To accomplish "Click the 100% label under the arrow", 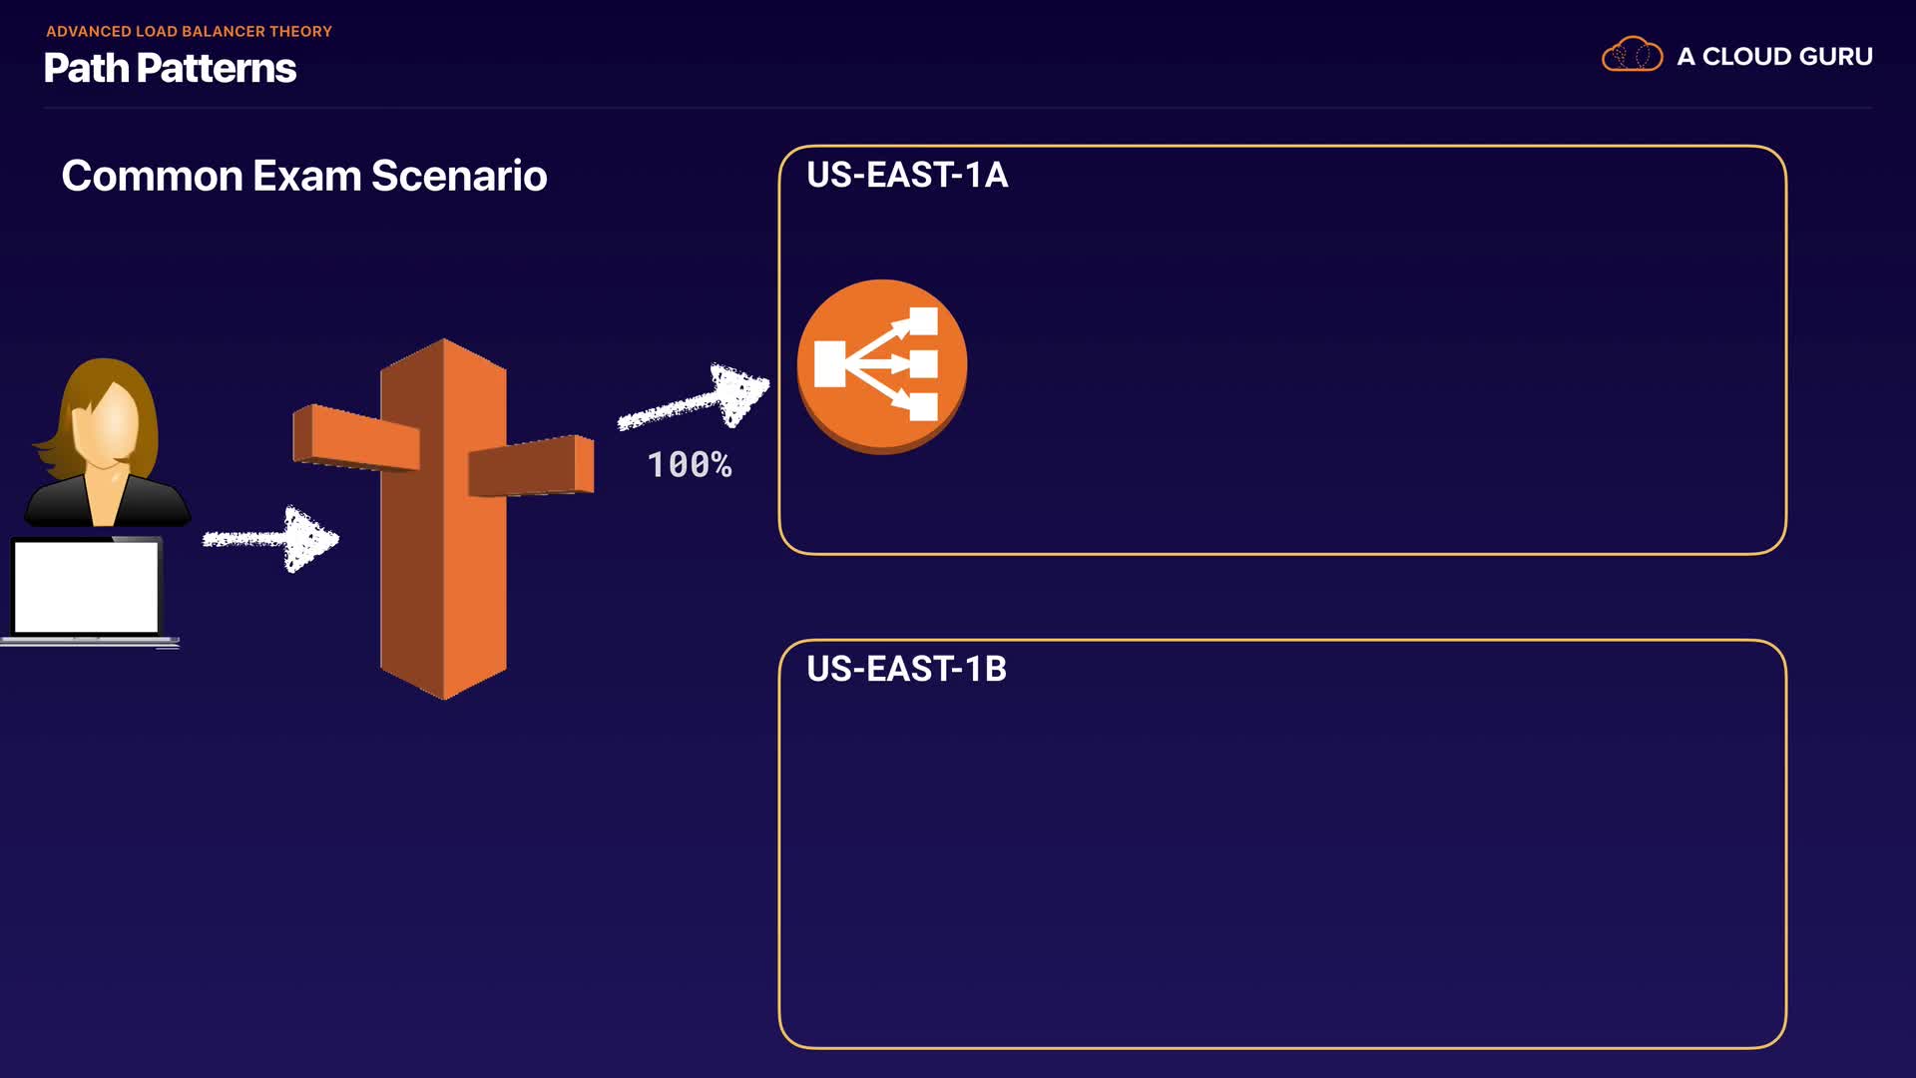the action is [x=690, y=464].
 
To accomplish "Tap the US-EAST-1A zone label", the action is [x=907, y=175].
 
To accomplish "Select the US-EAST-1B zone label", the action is [x=906, y=669].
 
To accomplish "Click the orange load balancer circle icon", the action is [x=882, y=366].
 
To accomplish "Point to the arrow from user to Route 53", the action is [x=270, y=539].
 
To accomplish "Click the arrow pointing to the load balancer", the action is [x=694, y=397].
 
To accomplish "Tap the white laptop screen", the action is [x=86, y=587].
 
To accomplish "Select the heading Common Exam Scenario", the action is [x=304, y=176].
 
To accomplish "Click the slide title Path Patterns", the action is [x=171, y=68].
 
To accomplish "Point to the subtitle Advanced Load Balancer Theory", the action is [x=189, y=31].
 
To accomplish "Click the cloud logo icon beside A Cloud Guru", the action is [x=1632, y=54].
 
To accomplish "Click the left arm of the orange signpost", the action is [x=356, y=437].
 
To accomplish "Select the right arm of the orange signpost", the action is [x=531, y=465].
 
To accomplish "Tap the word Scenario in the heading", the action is [x=459, y=176].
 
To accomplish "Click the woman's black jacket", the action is [x=107, y=501].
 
